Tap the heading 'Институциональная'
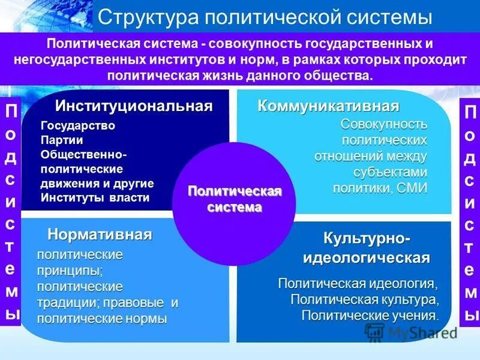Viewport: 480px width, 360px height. (134, 106)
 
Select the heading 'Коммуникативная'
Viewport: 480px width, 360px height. (328, 106)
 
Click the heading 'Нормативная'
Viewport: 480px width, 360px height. (100, 234)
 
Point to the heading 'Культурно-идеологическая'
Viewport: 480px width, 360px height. (368, 248)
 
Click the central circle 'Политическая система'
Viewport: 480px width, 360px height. (235, 199)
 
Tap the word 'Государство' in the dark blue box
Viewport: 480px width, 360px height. (78, 126)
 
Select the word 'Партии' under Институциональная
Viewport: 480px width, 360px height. (59, 140)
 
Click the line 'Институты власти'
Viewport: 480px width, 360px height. (95, 197)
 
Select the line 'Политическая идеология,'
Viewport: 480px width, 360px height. (362, 283)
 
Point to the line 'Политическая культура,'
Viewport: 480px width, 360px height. (366, 299)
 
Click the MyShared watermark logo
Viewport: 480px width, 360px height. (412, 332)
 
